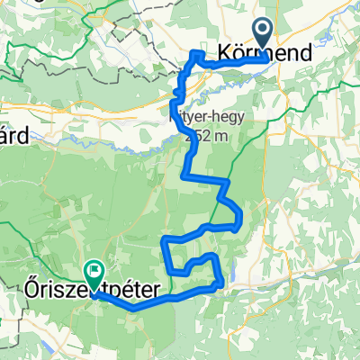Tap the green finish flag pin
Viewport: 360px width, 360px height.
(x=94, y=270)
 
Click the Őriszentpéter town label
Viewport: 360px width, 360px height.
(x=94, y=292)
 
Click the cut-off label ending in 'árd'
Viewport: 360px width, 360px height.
(x=13, y=135)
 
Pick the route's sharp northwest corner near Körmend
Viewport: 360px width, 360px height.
(x=191, y=56)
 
